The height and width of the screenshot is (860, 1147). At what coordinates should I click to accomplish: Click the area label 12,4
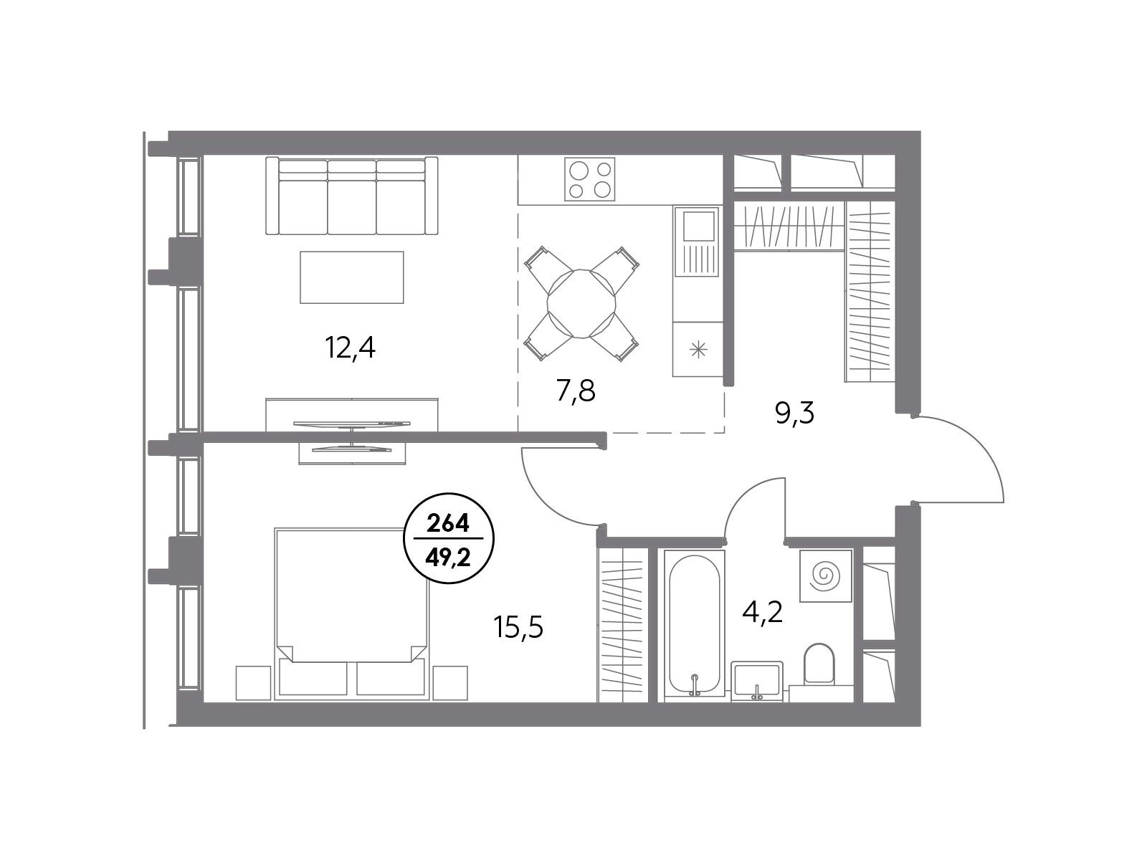pos(350,348)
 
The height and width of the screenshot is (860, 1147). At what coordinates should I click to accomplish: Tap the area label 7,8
pos(576,391)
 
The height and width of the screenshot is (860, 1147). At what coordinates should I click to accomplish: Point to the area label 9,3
pos(795,414)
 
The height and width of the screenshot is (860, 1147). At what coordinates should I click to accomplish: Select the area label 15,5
pos(518,627)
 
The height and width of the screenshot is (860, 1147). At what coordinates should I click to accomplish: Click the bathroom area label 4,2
pos(763,612)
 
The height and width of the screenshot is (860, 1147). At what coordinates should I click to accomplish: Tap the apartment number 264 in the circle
pos(448,524)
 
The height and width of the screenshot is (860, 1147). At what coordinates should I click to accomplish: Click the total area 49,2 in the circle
pos(448,558)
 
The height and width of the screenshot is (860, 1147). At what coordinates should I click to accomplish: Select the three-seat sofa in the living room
pos(352,196)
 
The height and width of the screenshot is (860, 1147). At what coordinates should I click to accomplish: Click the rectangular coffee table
pos(352,277)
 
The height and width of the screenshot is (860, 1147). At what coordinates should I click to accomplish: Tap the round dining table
pos(581,304)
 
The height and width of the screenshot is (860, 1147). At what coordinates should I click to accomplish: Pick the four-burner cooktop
pos(589,179)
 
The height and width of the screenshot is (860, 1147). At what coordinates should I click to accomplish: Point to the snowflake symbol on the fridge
pos(698,349)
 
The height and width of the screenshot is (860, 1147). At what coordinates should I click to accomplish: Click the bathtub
pos(695,626)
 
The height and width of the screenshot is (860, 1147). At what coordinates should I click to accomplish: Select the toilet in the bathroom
pos(819,664)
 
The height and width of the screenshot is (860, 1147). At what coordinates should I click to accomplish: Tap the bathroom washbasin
pos(756,680)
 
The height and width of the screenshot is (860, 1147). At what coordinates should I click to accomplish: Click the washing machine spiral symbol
pos(825,576)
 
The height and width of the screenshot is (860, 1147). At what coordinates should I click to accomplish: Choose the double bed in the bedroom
pos(352,614)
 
